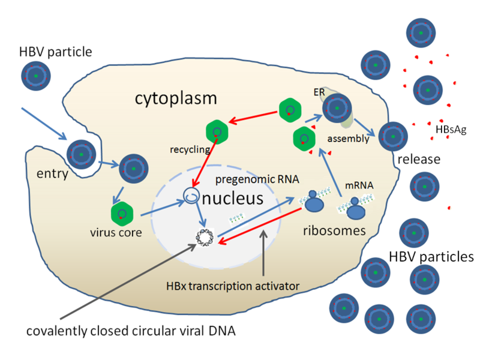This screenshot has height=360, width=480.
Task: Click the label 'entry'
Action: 52,174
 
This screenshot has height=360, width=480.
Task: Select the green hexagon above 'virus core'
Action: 122,214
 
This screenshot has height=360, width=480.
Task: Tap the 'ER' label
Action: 319,94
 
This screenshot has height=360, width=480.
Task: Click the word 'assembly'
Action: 346,139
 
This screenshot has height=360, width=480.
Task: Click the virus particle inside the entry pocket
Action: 80,154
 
